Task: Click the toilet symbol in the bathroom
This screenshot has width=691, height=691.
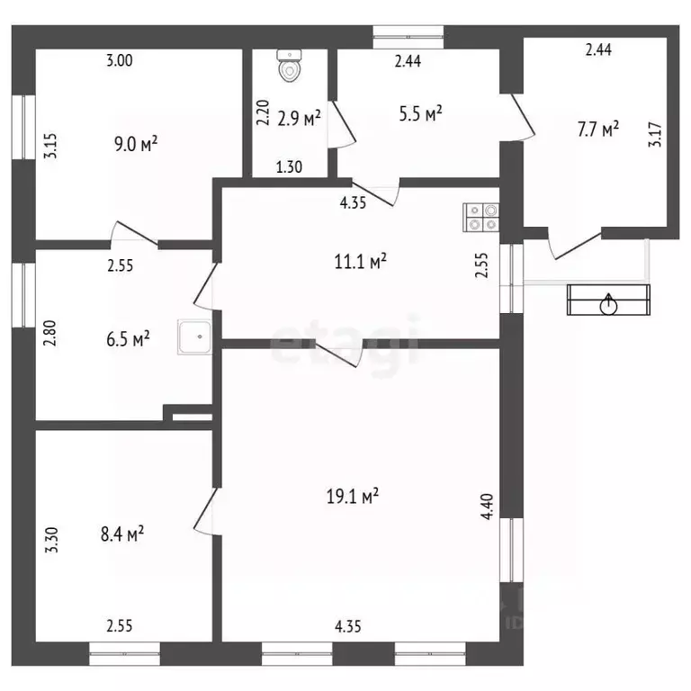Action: pos(290,66)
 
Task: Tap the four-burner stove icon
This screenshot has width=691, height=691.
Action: pos(480,217)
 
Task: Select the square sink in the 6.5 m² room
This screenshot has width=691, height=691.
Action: pos(194,337)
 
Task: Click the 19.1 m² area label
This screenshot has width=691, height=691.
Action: pos(353,497)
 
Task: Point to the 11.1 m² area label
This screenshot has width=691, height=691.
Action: pos(361,261)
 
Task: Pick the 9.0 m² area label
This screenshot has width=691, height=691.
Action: pos(136,144)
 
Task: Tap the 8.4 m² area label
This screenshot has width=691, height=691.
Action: pos(122,534)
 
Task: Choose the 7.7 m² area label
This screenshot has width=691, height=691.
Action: pos(598,130)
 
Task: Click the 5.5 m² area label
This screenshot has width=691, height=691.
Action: pos(420,113)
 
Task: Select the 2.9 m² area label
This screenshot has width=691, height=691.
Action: pos(299,118)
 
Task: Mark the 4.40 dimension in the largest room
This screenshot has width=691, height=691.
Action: pos(488,507)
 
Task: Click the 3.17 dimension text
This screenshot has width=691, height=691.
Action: pos(655,134)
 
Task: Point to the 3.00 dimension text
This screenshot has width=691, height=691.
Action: pos(120,60)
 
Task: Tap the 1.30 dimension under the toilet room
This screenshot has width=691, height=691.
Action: pos(289,167)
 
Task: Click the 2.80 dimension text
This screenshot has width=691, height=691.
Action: pos(50,333)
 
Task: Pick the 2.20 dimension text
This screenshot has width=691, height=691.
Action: pos(263,112)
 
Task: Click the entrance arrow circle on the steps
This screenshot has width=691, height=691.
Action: pos(609,304)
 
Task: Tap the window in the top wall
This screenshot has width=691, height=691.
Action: pos(408,37)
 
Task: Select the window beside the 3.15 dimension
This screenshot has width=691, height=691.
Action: pos(23,127)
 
